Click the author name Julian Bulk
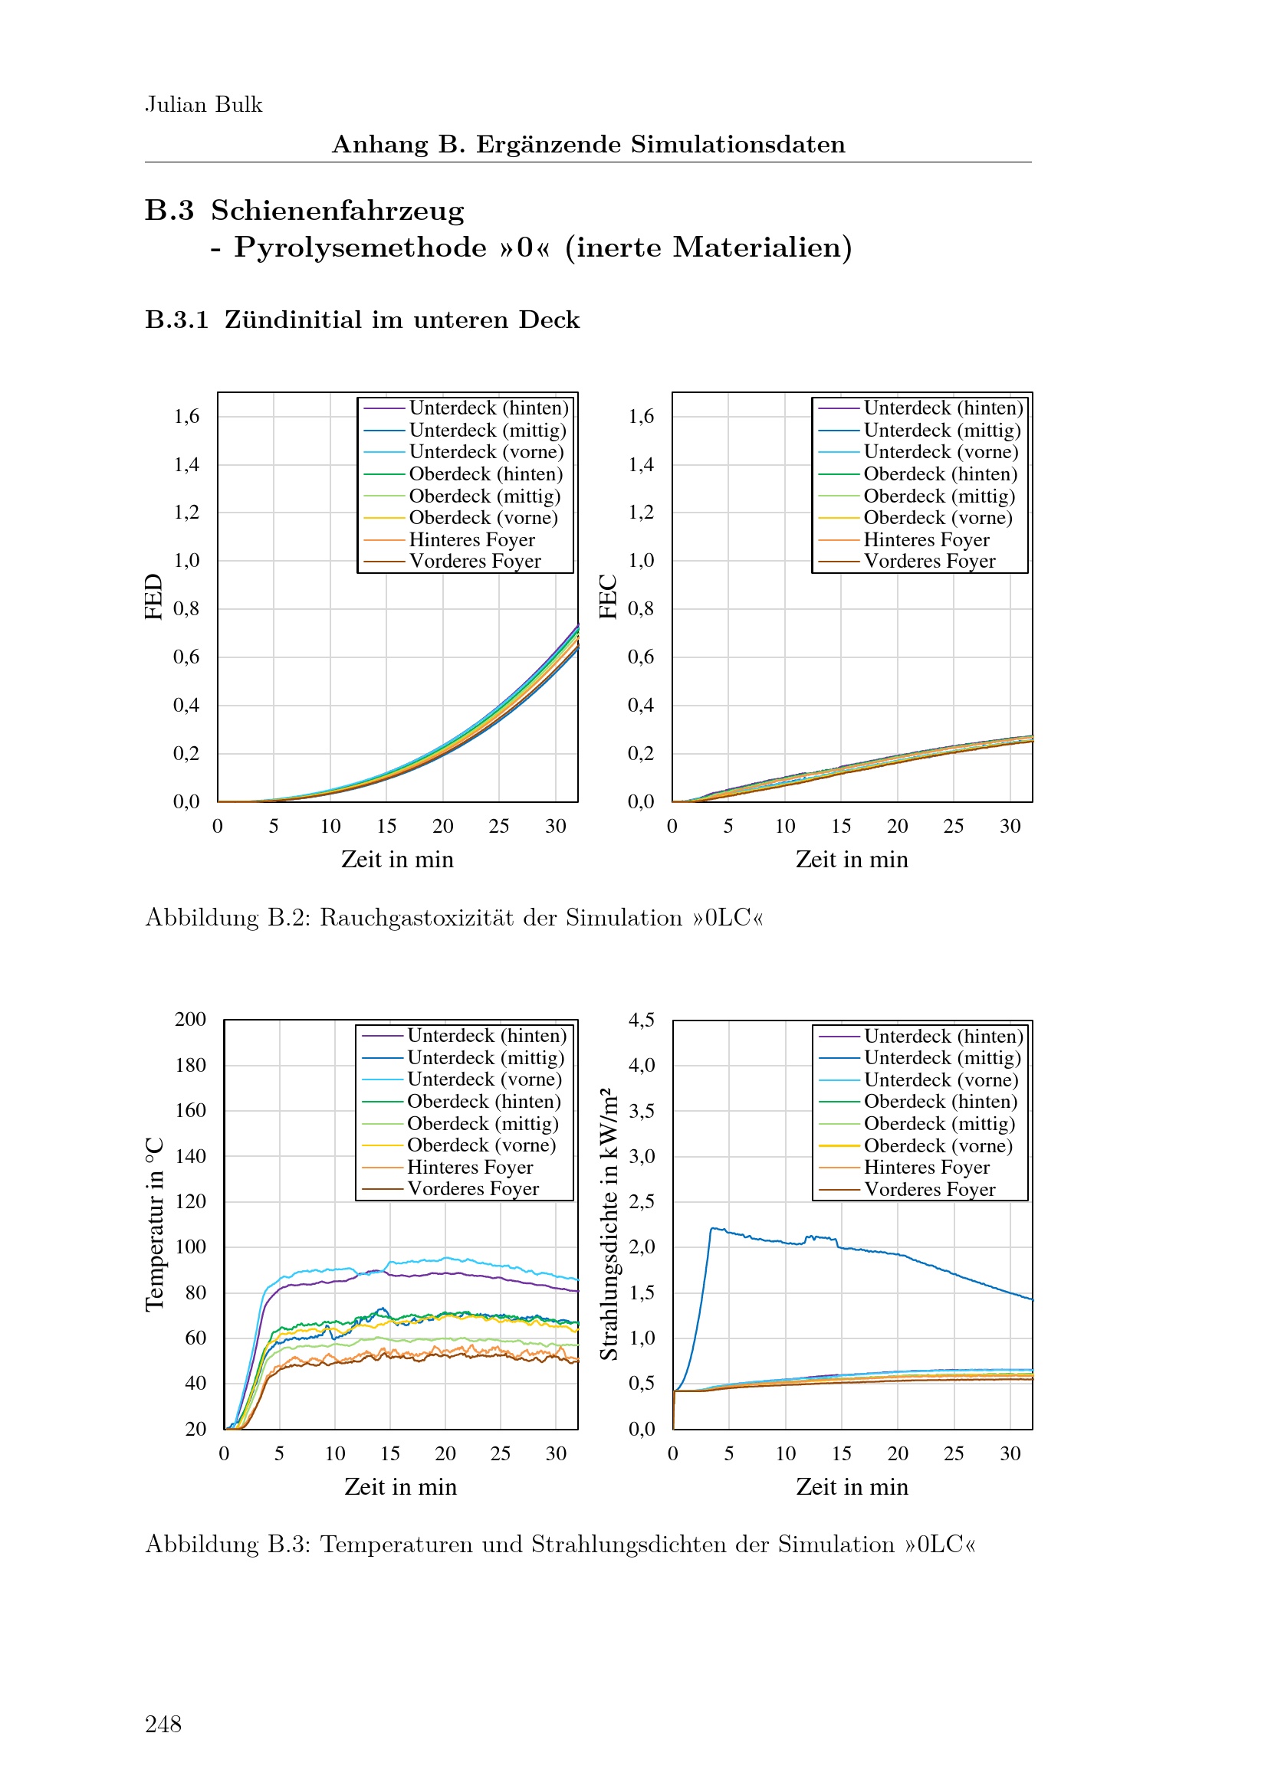(203, 105)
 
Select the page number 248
(163, 1723)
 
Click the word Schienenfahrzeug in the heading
(337, 211)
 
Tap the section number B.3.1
(176, 320)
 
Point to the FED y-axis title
(154, 596)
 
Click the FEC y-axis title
(608, 596)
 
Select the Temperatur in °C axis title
(156, 1224)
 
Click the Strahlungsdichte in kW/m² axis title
(609, 1224)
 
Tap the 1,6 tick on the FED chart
(186, 416)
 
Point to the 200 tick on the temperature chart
(191, 1019)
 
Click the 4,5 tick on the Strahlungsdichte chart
(641, 1019)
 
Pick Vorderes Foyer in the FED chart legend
(475, 561)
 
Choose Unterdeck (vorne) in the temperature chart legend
(484, 1079)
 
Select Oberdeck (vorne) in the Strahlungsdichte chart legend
(938, 1145)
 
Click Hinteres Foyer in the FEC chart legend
(926, 540)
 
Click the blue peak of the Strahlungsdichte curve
(712, 1228)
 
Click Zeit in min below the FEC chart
(852, 860)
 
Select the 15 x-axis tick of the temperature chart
(389, 1453)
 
